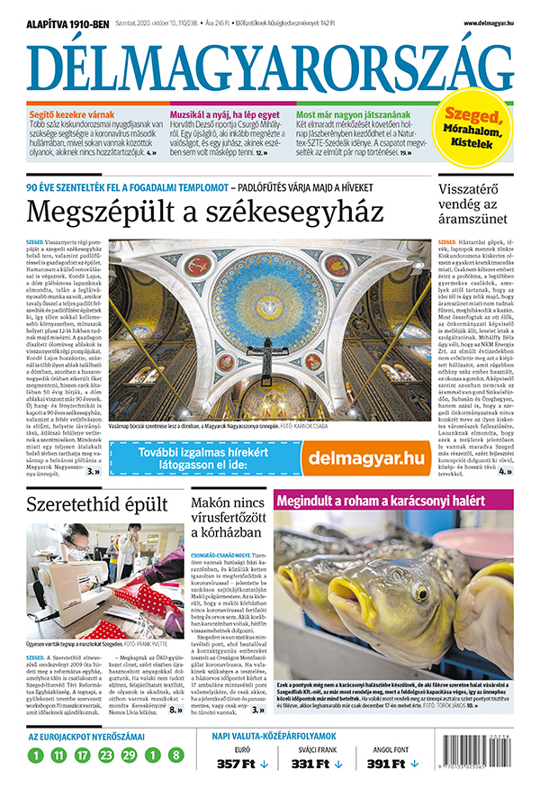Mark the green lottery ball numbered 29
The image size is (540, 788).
130,755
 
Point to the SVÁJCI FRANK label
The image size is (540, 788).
318,747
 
